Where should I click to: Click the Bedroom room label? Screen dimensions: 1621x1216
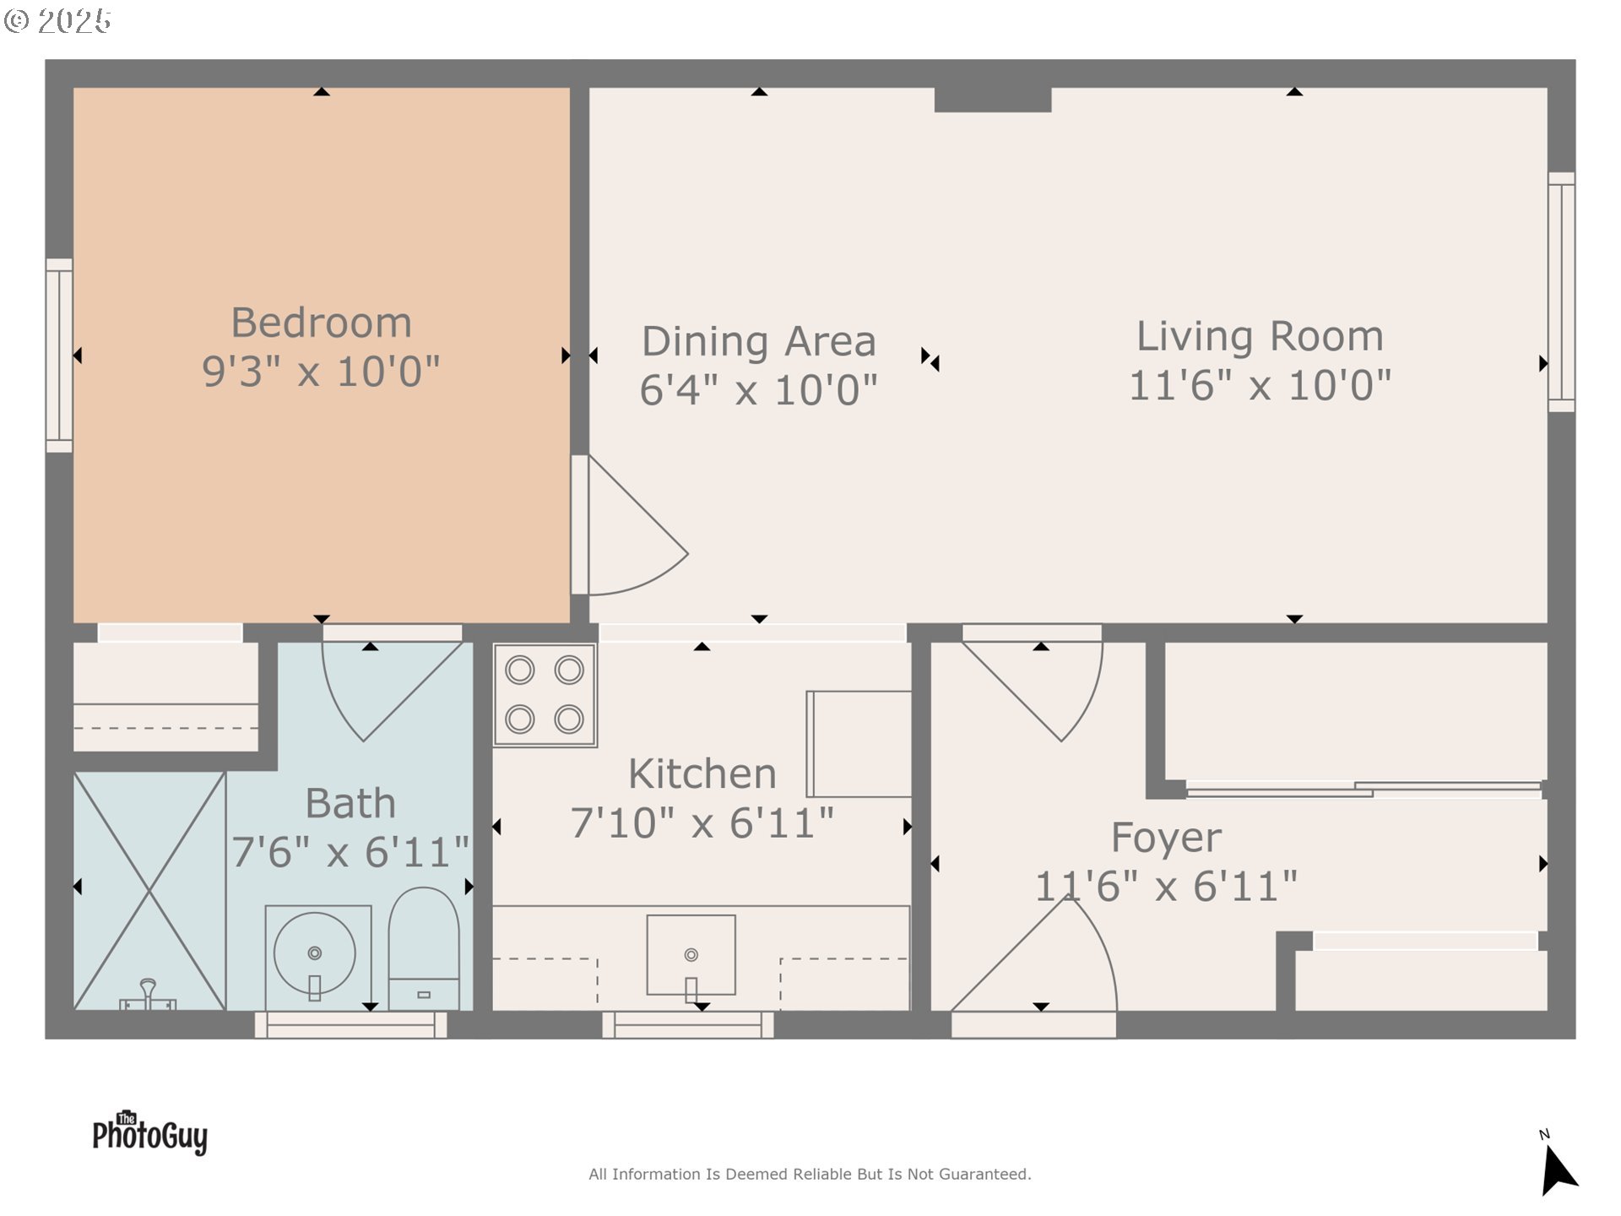[x=322, y=323]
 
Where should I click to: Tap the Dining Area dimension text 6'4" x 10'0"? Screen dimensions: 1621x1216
[x=758, y=390]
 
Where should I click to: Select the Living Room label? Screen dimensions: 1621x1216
[x=1260, y=336]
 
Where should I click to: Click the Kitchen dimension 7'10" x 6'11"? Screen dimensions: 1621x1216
[x=702, y=823]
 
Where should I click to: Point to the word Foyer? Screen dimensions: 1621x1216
[x=1166, y=838]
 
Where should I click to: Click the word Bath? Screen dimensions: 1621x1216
[x=350, y=803]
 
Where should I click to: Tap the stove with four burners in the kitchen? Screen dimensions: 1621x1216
[x=545, y=695]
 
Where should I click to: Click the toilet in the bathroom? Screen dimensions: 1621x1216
[x=424, y=948]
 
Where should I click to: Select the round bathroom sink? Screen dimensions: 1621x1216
[x=315, y=954]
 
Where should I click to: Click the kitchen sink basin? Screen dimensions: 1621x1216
[x=691, y=955]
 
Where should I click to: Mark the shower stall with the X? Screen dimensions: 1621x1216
[x=149, y=891]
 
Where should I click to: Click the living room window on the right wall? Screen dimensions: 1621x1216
[x=1561, y=292]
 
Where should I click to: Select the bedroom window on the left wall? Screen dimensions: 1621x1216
[x=59, y=356]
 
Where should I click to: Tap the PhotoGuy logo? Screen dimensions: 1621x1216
[x=150, y=1133]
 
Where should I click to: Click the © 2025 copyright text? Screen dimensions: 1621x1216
[x=57, y=21]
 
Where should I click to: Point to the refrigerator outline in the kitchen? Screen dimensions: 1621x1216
[x=859, y=744]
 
